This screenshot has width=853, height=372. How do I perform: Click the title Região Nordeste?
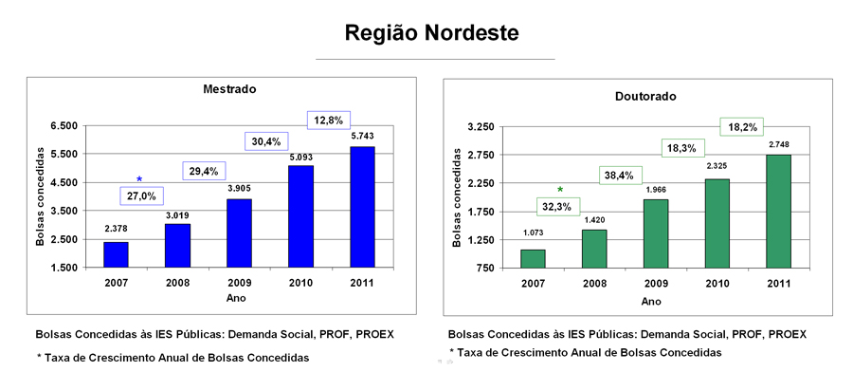pyautogui.click(x=432, y=32)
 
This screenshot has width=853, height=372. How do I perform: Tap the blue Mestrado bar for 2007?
pyautogui.click(x=117, y=254)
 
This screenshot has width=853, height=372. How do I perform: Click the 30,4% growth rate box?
pyautogui.click(x=266, y=141)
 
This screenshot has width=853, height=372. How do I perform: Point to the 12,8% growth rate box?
pyautogui.click(x=329, y=120)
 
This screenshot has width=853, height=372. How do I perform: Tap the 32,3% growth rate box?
pyautogui.click(x=556, y=207)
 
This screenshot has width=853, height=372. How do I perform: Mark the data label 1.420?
pyautogui.click(x=592, y=221)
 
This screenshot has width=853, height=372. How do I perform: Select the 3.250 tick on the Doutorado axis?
pyautogui.click(x=480, y=126)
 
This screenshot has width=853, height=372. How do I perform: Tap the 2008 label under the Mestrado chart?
pyautogui.click(x=178, y=283)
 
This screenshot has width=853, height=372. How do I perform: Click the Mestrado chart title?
pyautogui.click(x=230, y=89)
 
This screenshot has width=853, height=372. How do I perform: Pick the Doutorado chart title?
pyautogui.click(x=644, y=98)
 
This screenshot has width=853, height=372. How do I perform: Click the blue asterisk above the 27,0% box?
pyautogui.click(x=139, y=179)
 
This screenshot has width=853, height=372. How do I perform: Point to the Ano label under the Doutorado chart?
pyautogui.click(x=651, y=301)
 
